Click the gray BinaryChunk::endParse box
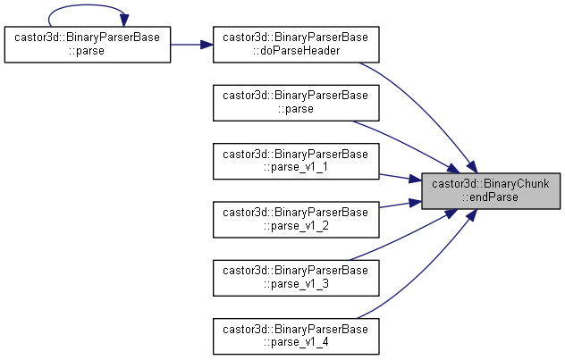pos(491,191)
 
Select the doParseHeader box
pos(296,45)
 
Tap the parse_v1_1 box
pos(296,162)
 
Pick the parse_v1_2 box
pos(296,220)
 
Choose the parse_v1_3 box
pos(296,278)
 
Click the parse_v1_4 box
pos(296,336)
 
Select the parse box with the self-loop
pos(88,45)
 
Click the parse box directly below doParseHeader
pos(296,103)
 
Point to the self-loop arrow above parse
pos(88,5)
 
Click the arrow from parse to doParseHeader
pos(191,45)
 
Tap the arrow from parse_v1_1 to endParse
pos(401,178)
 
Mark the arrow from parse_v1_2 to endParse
pos(401,204)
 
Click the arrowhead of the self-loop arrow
pos(124,21)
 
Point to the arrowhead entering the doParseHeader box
pos(207,45)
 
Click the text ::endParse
pos(491,197)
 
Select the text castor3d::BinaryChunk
pos(491,184)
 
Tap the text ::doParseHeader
pos(296,51)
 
